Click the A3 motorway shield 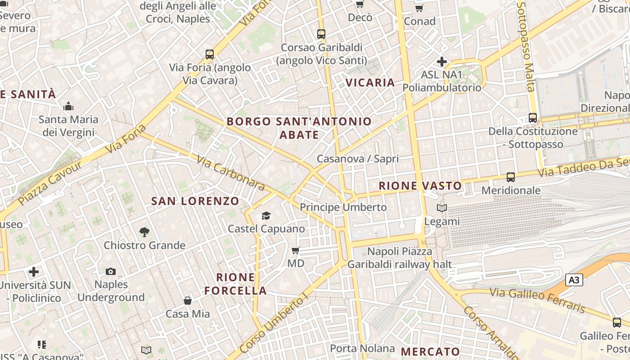pyautogui.click(x=574, y=280)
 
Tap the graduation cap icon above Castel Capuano pyautogui.click(x=266, y=216)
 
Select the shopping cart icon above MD pyautogui.click(x=296, y=250)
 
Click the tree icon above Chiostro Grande pyautogui.click(x=144, y=232)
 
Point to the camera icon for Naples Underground pyautogui.click(x=111, y=271)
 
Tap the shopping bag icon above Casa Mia pyautogui.click(x=188, y=301)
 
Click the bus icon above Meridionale pyautogui.click(x=510, y=177)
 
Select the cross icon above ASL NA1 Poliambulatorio pyautogui.click(x=442, y=62)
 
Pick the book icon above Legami pyautogui.click(x=442, y=208)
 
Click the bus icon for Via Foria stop pyautogui.click(x=210, y=54)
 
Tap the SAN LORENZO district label pyautogui.click(x=195, y=201)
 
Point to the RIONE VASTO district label pyautogui.click(x=420, y=186)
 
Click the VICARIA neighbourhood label pyautogui.click(x=370, y=82)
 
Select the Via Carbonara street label pyautogui.click(x=231, y=172)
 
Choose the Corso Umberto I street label pyautogui.click(x=274, y=323)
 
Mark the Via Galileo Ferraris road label pyautogui.click(x=537, y=300)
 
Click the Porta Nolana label pyautogui.click(x=362, y=348)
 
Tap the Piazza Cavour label pyautogui.click(x=51, y=182)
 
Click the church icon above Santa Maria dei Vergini pyautogui.click(x=68, y=106)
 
